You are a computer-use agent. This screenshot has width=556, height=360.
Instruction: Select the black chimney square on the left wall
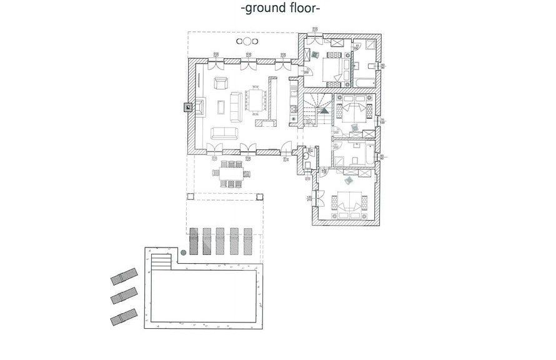pos(186,107)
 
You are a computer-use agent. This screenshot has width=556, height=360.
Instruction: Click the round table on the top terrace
pos(247,42)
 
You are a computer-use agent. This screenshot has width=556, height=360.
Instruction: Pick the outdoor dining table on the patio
pos(231,173)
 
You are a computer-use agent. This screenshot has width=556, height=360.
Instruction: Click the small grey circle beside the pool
pos(184,252)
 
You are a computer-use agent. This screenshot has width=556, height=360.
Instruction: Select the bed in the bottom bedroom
pos(348,202)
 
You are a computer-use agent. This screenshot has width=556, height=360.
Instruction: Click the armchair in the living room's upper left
pos(221,82)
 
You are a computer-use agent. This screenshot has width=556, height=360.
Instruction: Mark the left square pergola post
pos(191,196)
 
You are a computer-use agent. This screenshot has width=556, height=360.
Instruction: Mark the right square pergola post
pos(259,196)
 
